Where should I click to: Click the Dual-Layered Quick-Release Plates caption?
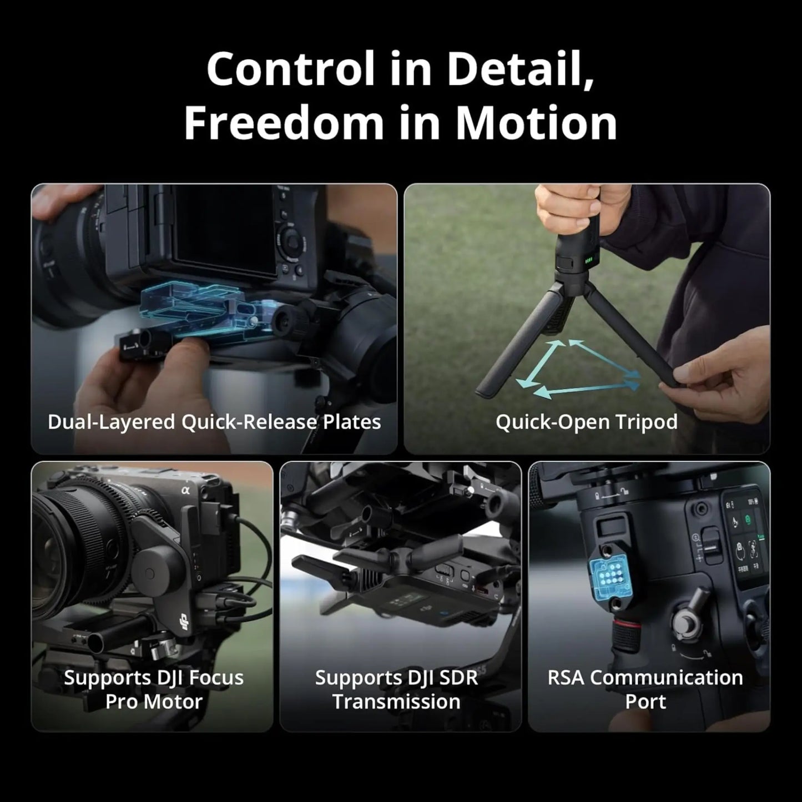214,422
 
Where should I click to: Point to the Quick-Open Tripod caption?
587,422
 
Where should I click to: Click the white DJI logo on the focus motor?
184,627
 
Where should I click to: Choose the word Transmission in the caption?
396,702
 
